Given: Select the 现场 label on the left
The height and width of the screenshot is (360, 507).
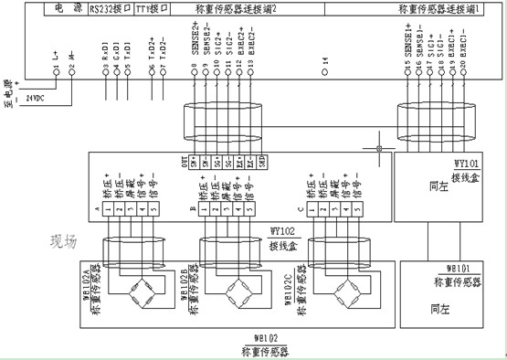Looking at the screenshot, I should click(x=68, y=244).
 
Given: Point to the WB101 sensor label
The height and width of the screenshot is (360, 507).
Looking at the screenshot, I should click(x=459, y=270).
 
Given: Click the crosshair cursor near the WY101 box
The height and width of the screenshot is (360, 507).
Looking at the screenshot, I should click(x=378, y=146).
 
